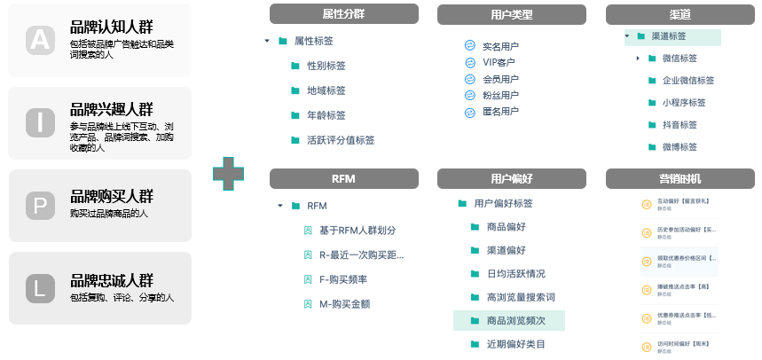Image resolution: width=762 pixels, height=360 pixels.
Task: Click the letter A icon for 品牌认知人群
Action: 40,40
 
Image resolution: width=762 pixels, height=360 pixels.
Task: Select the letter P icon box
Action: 40,206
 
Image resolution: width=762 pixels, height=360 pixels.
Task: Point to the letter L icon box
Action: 40,288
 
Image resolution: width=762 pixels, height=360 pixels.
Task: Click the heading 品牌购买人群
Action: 111,196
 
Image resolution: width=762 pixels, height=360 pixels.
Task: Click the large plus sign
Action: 229,173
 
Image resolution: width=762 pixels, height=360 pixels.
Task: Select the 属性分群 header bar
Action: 343,14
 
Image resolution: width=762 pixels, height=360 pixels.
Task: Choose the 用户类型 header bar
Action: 511,14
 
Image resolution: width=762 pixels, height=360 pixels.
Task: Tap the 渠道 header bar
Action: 680,14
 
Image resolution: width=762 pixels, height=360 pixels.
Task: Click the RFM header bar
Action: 343,178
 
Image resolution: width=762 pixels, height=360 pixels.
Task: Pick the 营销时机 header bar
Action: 680,178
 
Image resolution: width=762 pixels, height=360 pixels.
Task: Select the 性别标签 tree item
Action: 326,66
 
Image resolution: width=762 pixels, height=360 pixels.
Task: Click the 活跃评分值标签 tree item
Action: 340,140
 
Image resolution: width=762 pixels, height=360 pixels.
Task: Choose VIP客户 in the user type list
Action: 498,63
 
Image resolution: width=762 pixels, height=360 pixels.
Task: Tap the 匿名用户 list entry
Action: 500,112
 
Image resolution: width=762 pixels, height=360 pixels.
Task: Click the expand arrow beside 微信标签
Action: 638,59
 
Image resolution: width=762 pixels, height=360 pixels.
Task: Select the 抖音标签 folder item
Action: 679,125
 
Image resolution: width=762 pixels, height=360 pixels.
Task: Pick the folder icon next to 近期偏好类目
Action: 475,344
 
